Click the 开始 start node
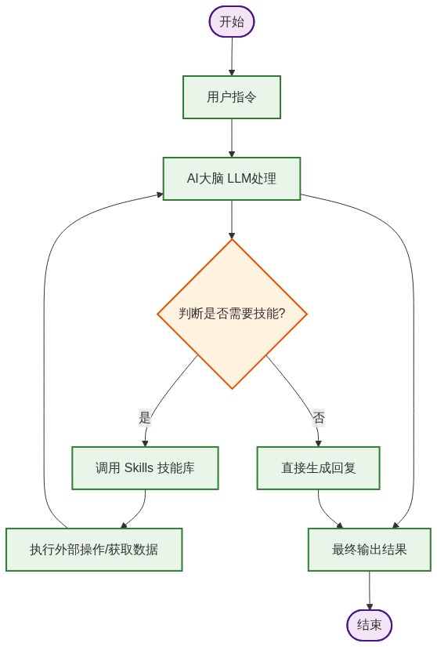tap(232, 21)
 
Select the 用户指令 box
tap(232, 97)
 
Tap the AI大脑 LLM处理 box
tap(232, 179)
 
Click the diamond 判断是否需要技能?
tap(232, 314)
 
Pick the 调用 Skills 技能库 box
tap(145, 468)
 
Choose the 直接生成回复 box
tap(318, 468)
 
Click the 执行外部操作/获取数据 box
tap(94, 549)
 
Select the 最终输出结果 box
tap(369, 549)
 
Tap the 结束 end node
tap(369, 625)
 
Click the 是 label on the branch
tap(144, 417)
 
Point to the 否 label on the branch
tap(319, 417)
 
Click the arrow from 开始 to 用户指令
tap(232, 55)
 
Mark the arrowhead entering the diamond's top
tap(232, 235)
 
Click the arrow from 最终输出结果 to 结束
tap(369, 588)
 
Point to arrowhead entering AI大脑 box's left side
tap(159, 193)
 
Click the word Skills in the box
tap(139, 468)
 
